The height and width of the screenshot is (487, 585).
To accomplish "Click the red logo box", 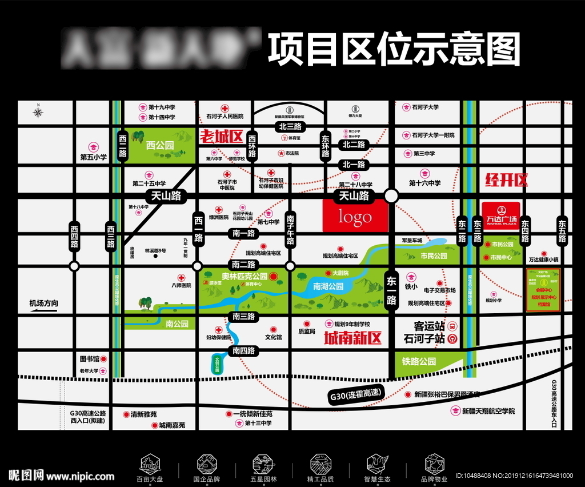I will tap(355, 217).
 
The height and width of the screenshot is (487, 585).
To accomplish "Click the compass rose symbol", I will tap(38, 111).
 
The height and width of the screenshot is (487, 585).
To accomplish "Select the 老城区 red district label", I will tap(222, 137).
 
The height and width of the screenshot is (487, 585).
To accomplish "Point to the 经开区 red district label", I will tap(506, 181).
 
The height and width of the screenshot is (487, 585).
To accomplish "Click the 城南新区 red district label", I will tap(352, 338).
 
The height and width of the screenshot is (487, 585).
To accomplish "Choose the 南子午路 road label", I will tap(290, 229).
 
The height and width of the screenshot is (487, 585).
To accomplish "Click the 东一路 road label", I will tap(391, 290).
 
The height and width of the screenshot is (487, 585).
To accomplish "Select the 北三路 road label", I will tap(290, 126).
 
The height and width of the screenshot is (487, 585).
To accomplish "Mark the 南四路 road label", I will tap(244, 350).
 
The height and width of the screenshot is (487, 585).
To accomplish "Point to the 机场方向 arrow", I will tap(44, 308).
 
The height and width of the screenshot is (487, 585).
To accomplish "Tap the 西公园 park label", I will tap(159, 145).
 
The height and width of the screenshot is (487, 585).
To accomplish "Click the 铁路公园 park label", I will tap(419, 361).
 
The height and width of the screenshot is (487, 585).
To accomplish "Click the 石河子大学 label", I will tap(425, 107).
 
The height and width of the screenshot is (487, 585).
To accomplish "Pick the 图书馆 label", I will tap(90, 359).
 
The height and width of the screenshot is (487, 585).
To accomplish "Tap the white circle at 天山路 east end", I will tap(391, 196).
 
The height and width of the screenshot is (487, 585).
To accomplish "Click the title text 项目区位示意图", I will tap(394, 50).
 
